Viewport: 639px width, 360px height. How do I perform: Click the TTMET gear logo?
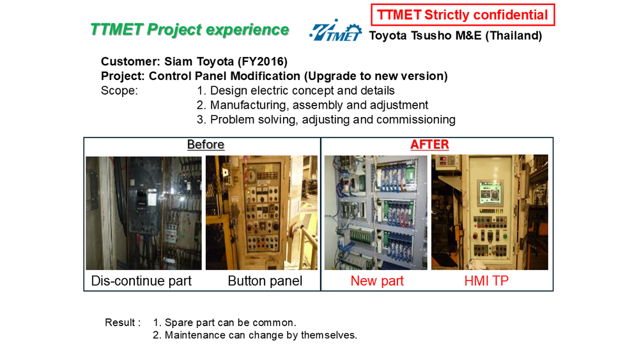click(x=335, y=30)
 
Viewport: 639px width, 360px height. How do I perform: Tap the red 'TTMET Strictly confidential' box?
click(x=463, y=15)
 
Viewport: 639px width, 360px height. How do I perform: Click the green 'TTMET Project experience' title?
click(x=190, y=30)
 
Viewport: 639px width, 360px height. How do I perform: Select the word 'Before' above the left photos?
click(x=206, y=145)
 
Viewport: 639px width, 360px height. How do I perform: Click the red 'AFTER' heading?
click(x=429, y=145)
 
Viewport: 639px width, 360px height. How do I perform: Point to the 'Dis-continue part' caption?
click(x=141, y=281)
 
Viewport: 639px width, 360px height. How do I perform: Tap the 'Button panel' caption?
click(x=265, y=281)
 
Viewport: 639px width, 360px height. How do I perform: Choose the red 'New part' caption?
click(x=377, y=281)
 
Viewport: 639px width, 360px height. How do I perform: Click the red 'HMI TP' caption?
click(x=486, y=281)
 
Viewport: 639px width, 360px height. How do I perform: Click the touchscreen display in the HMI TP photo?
click(x=490, y=192)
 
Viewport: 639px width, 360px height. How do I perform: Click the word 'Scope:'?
click(x=119, y=91)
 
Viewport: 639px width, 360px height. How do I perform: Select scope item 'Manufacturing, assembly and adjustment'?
click(x=319, y=106)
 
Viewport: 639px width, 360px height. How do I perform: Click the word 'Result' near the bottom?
click(x=120, y=322)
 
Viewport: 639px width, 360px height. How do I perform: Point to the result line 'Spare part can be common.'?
click(x=230, y=322)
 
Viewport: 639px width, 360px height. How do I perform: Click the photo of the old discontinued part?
click(x=143, y=213)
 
